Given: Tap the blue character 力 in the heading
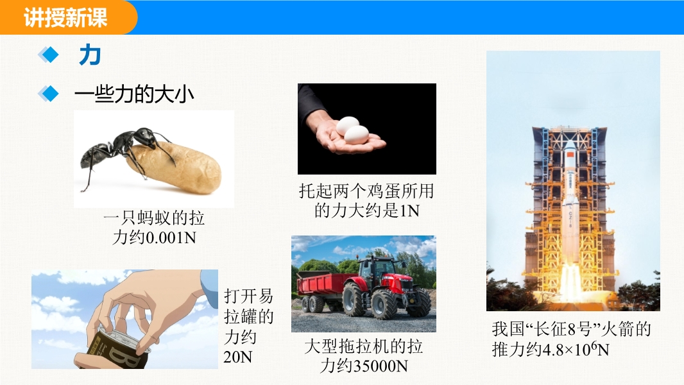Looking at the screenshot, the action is (90, 55).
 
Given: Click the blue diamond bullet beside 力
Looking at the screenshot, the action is (48, 55).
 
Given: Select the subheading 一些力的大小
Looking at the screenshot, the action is (134, 94).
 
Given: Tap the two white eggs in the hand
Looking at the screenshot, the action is (352, 130).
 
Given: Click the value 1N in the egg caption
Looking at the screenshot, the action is (409, 211).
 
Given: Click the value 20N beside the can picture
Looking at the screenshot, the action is (238, 357).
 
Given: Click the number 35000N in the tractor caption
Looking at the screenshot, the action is (379, 366).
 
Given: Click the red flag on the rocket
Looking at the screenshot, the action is (570, 156).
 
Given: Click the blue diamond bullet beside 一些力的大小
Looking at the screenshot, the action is (48, 93).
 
